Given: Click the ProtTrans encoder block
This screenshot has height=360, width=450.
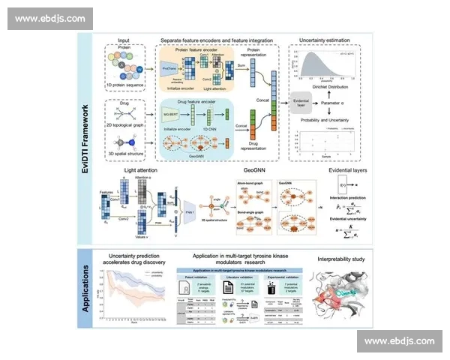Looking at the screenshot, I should [x=169, y=68].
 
